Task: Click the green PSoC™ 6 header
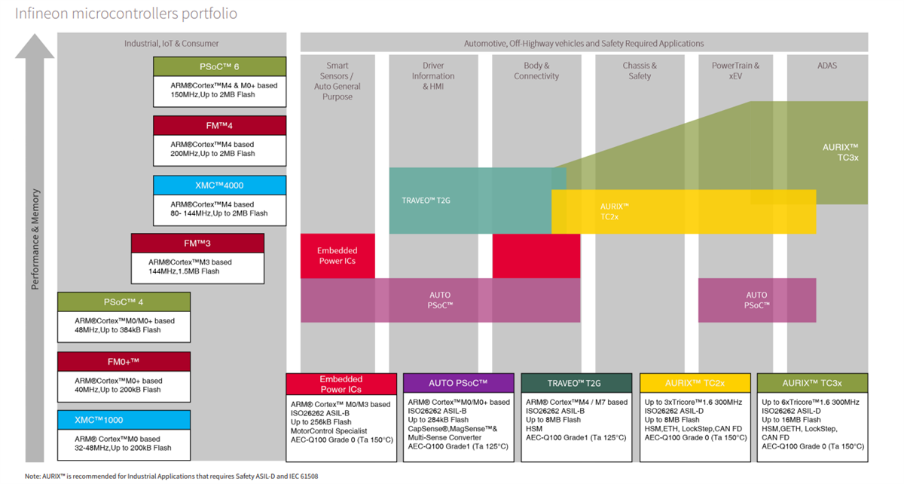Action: click(219, 66)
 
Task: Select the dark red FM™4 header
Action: click(219, 125)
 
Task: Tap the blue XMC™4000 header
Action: click(219, 185)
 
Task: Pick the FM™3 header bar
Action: click(197, 244)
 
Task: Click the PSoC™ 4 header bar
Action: click(124, 302)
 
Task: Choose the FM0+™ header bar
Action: click(124, 362)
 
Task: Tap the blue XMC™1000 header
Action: click(124, 420)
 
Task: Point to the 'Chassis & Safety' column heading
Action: click(640, 71)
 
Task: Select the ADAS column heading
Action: click(826, 66)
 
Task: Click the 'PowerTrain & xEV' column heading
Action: click(735, 71)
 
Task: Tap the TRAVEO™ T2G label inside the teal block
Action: click(426, 201)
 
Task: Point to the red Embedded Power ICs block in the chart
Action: click(337, 256)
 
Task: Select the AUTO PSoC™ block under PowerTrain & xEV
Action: click(756, 300)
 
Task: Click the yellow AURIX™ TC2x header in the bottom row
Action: click(695, 383)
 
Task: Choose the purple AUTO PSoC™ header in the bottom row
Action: click(458, 383)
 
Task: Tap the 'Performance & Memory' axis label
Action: click(35, 239)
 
